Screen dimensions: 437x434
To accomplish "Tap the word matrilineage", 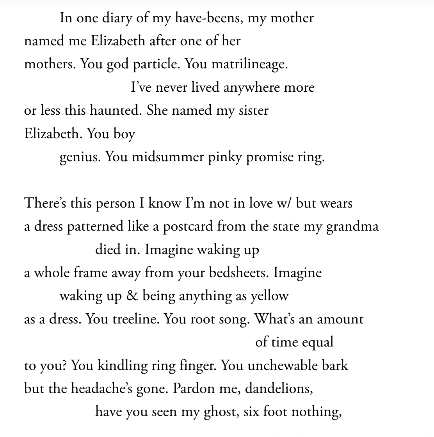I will coord(249,64).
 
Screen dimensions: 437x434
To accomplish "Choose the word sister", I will coord(253,110).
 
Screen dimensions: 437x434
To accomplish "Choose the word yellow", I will coord(269,296).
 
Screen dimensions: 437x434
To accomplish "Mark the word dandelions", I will coord(279,389).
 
